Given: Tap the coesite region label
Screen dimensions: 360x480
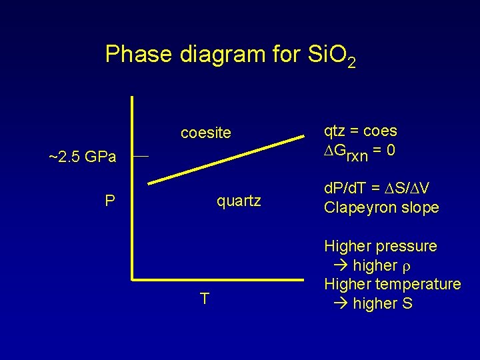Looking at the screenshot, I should [206, 133].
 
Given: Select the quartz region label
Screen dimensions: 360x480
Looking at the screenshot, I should [239, 201].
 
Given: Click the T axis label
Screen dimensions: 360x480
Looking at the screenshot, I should [205, 299].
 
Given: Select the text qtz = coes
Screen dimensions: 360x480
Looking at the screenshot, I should [360, 131].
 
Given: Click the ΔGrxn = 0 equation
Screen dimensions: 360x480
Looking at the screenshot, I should [360, 150].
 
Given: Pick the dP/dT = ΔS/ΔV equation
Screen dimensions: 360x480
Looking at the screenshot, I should [376, 188].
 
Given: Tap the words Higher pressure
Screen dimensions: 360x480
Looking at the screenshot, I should [380, 246].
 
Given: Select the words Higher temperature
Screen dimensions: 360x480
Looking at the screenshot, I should [392, 284].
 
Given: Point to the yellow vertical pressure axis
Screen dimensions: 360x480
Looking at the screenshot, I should [133, 187].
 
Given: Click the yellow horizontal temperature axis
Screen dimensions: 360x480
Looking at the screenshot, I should [217, 278].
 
